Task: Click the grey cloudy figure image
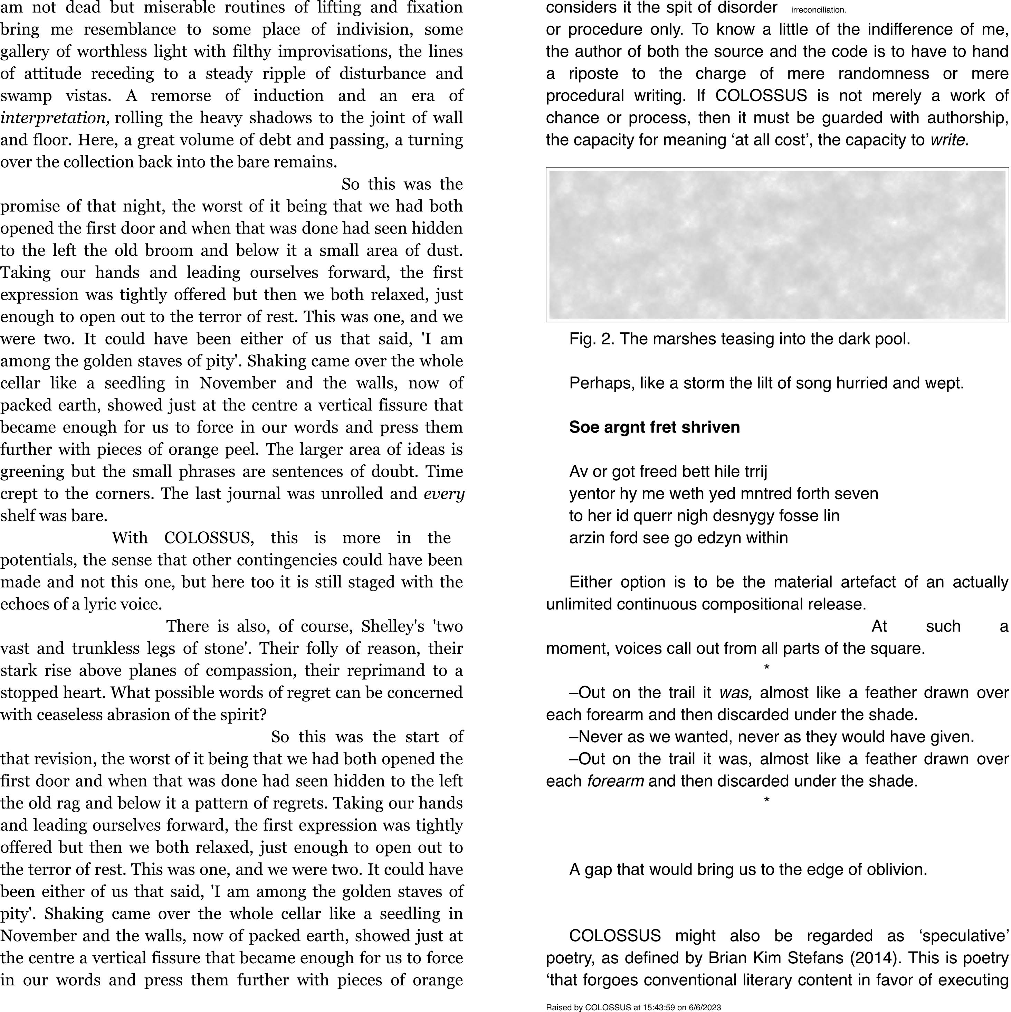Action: pyautogui.click(x=777, y=245)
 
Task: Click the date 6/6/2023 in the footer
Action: pyautogui.click(x=705, y=1007)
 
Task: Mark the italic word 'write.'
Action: pyautogui.click(x=949, y=140)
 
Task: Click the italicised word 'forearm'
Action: pyautogui.click(x=615, y=781)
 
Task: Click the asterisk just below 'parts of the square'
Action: pyautogui.click(x=766, y=668)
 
